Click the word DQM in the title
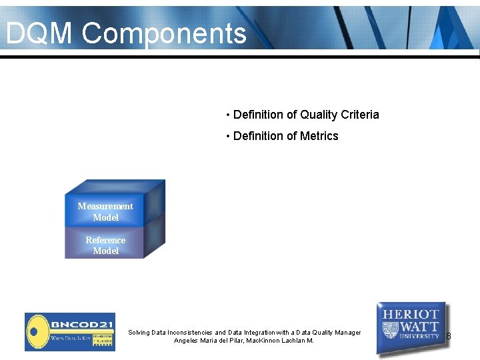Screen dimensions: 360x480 39,33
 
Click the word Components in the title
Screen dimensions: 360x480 165,33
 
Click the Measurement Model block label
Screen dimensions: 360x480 105,212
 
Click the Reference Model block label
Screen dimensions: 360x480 105,245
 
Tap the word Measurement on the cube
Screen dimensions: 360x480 105,206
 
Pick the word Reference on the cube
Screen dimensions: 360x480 105,240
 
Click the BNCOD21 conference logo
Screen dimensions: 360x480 70,331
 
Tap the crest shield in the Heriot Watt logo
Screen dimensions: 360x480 391,330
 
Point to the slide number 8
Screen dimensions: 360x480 449,336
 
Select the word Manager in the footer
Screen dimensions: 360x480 347,332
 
